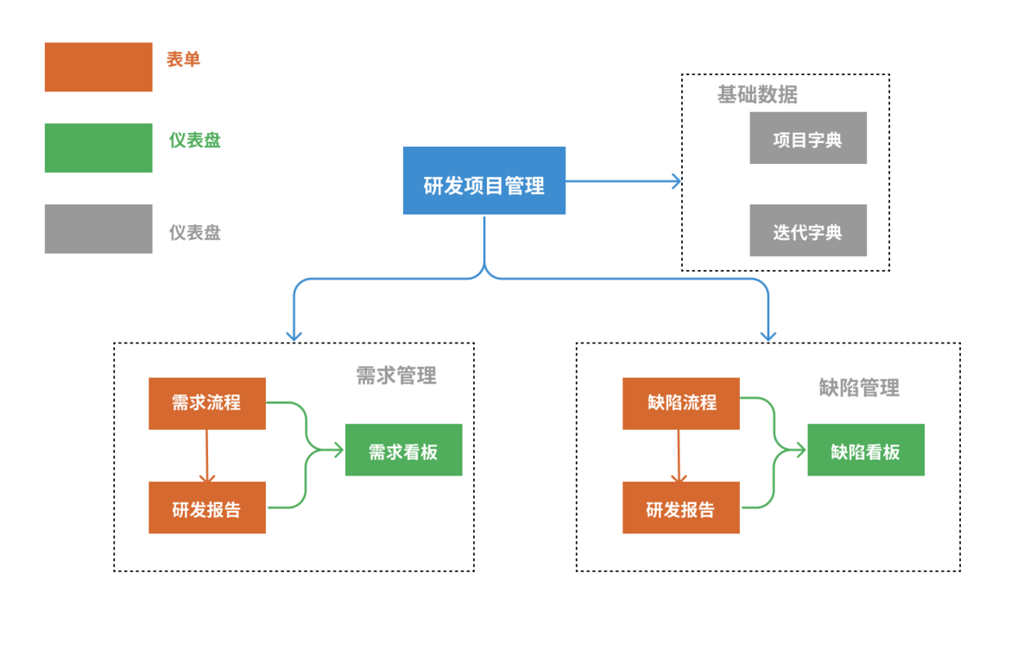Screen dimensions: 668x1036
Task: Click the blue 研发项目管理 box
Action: (x=483, y=180)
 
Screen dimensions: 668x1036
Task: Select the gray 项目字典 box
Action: (x=807, y=138)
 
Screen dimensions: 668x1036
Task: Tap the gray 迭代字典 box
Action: (x=807, y=230)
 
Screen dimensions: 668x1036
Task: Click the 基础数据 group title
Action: (x=757, y=95)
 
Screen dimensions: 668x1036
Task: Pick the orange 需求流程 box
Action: (x=206, y=403)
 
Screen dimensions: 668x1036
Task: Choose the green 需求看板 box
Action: (x=403, y=450)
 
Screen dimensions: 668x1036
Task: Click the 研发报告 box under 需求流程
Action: (x=206, y=507)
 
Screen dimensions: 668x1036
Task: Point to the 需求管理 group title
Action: (x=396, y=375)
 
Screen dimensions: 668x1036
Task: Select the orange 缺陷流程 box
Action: (x=680, y=403)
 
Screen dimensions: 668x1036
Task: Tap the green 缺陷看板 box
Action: (x=865, y=450)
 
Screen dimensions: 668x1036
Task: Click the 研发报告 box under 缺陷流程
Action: (x=680, y=507)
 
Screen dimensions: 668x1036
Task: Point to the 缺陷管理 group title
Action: (x=859, y=388)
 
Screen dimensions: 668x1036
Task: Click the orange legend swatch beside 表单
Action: (x=98, y=66)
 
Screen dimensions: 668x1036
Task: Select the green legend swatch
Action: (x=98, y=148)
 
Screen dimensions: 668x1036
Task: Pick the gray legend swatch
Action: (x=98, y=229)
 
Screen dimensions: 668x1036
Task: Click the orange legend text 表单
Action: (x=184, y=60)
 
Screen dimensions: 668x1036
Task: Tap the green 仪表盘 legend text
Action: (x=195, y=140)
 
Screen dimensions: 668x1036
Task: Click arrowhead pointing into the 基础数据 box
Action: (x=675, y=181)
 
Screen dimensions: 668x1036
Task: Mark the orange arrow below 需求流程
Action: (x=206, y=456)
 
